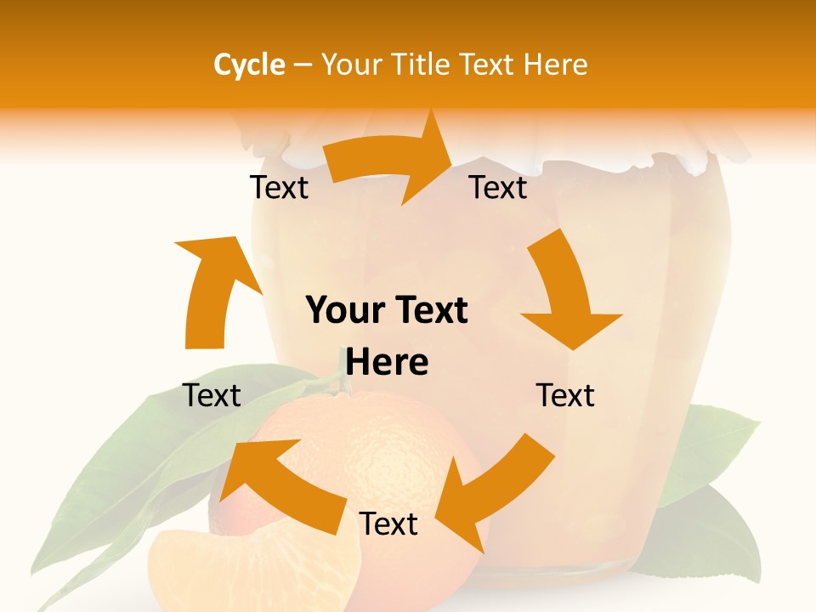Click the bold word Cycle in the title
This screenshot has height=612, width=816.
tap(249, 65)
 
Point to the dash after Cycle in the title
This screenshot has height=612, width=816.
tap(303, 65)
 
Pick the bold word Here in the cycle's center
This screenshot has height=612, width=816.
tap(387, 363)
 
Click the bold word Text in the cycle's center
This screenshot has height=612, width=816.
tap(429, 311)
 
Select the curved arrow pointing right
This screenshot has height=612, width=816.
tap(391, 161)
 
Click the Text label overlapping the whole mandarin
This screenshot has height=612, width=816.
tap(388, 524)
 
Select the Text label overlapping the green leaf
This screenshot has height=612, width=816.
tap(212, 395)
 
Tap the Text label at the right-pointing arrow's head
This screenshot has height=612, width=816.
tap(499, 188)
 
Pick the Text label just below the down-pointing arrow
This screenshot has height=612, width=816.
tap(565, 395)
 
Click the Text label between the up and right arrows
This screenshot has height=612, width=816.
tap(279, 188)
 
